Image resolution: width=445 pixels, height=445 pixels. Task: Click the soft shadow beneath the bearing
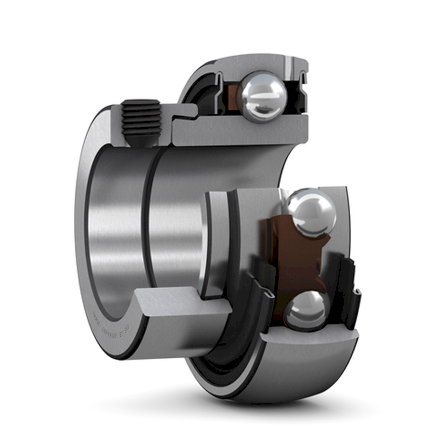coord(237,406)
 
